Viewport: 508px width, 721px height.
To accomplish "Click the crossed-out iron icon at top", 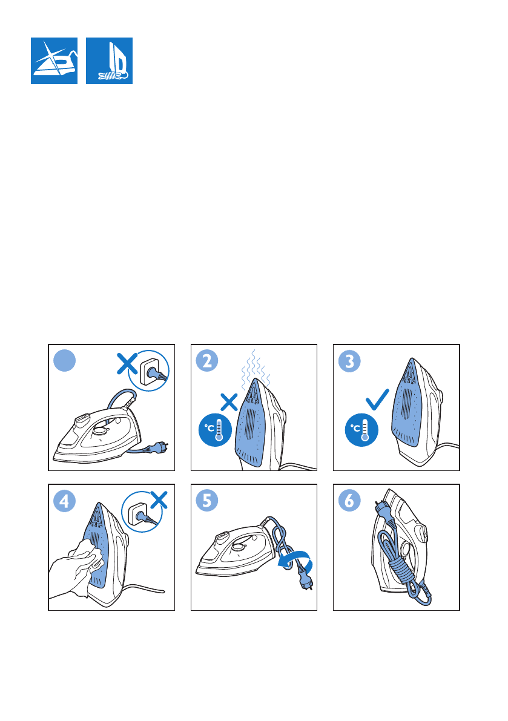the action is (x=54, y=61).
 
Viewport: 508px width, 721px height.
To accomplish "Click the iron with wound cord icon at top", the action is (x=110, y=61).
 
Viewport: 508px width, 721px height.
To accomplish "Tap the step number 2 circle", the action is (x=207, y=361).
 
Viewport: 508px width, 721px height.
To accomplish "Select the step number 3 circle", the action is (x=349, y=361).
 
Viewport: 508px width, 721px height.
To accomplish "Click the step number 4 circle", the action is (x=64, y=501).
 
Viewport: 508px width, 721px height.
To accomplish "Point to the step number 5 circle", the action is (x=207, y=501).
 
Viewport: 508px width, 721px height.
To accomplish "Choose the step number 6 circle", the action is (x=349, y=501).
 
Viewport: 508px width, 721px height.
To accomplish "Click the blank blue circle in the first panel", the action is (x=64, y=361).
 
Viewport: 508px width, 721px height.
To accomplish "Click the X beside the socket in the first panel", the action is (x=127, y=364).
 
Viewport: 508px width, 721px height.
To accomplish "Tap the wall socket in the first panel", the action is (x=150, y=370).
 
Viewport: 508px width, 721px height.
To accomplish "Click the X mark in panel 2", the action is (x=229, y=402).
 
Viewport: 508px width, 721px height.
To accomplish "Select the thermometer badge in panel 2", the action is (x=215, y=430).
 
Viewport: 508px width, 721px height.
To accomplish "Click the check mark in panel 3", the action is (x=377, y=399).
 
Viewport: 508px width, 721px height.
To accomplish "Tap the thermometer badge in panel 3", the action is (x=361, y=430).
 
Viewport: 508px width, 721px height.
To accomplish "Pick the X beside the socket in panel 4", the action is (x=159, y=499).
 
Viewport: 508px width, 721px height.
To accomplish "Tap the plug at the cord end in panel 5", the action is (x=305, y=581).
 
